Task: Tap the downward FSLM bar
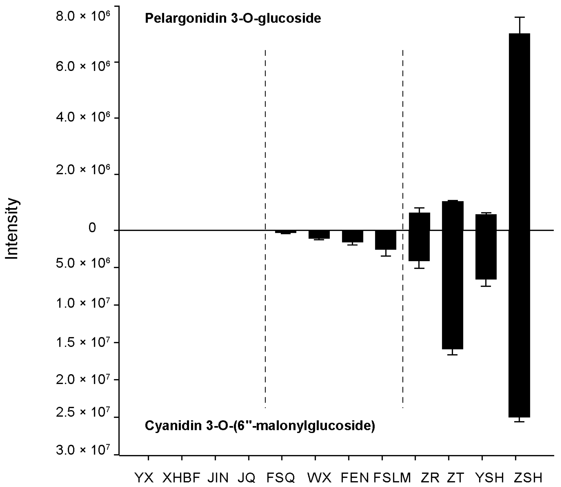click(x=386, y=240)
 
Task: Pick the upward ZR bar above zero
click(x=419, y=221)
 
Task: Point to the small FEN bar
click(x=352, y=236)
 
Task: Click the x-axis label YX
click(x=144, y=477)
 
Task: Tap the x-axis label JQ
click(x=246, y=477)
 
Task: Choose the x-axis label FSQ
click(x=281, y=477)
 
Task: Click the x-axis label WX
click(x=319, y=477)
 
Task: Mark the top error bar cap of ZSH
click(x=519, y=17)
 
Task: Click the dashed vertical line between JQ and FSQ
click(x=265, y=190)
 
